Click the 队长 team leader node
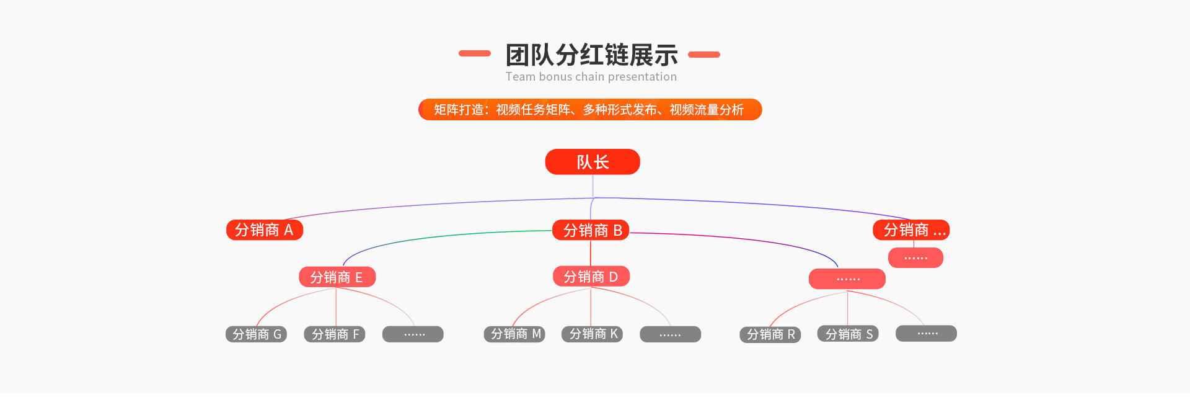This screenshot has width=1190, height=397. coord(593,162)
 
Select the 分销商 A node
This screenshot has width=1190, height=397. coord(265,230)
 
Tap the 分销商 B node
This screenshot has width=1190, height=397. coord(591,230)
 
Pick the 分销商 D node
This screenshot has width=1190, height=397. coord(591,276)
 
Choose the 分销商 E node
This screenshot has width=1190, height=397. coord(337,277)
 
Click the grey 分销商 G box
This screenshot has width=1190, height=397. coord(256,334)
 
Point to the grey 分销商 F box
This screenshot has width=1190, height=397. coord(335,334)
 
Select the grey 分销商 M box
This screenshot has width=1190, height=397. coord(514,334)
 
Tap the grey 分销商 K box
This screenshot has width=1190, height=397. coord(592,334)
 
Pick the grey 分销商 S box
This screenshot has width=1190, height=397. coord(848,334)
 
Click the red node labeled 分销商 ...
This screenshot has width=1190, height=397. coord(911,230)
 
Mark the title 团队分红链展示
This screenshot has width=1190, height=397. coord(591,55)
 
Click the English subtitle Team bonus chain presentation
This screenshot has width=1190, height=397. coord(591,77)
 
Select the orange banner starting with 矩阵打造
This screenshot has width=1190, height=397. coord(590,109)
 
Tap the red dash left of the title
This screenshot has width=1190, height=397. coord(475,53)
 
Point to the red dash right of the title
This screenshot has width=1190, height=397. coord(704,55)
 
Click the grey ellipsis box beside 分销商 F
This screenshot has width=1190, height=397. coord(413,334)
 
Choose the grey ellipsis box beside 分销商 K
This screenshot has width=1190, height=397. coord(671,334)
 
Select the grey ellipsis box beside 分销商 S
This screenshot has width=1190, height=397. coord(927,334)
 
